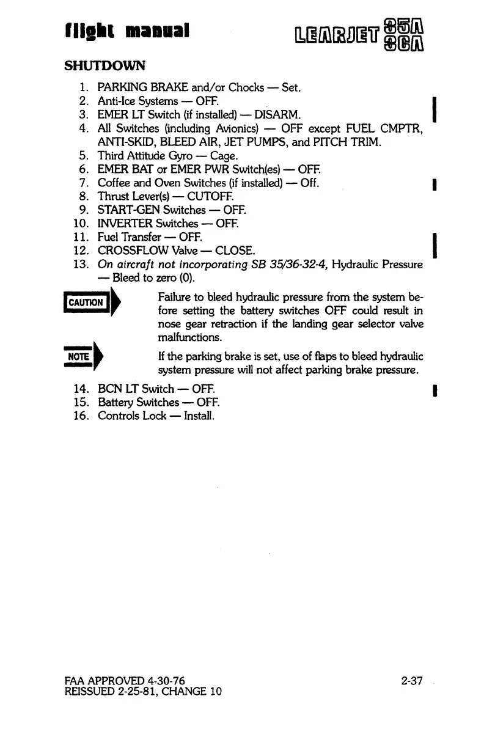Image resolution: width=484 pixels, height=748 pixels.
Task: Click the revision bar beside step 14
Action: [x=433, y=389]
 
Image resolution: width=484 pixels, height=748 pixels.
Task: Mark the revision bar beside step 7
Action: [x=433, y=183]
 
